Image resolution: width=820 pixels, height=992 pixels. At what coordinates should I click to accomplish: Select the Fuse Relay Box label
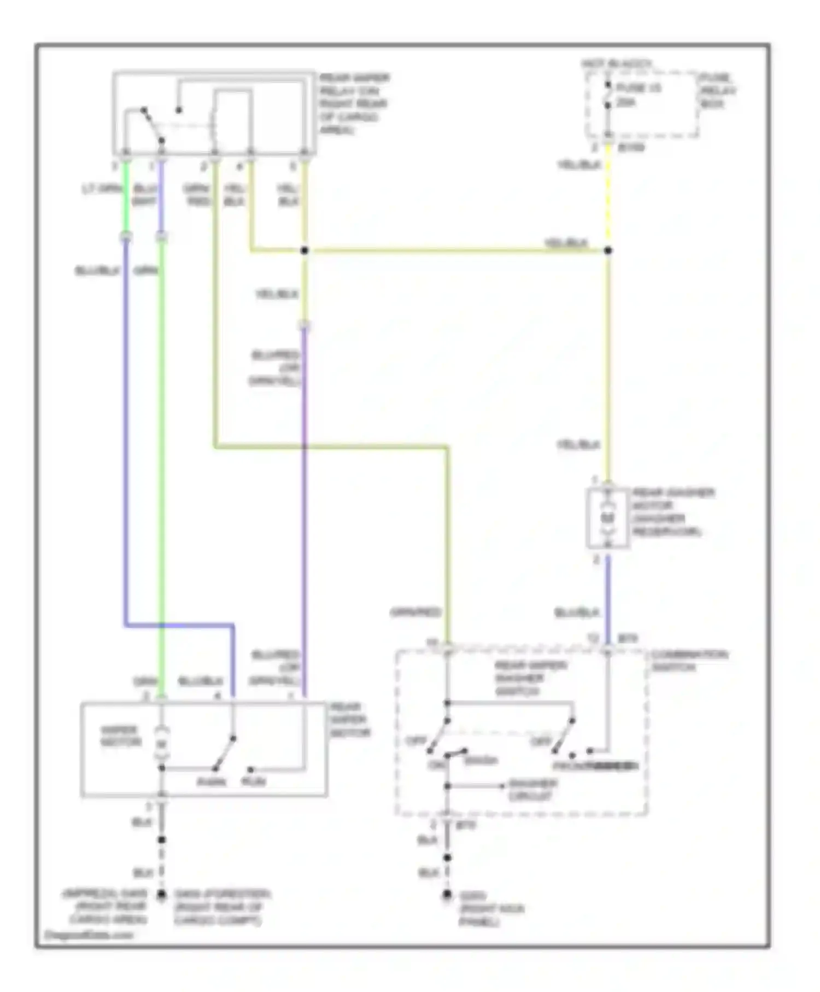[x=718, y=90]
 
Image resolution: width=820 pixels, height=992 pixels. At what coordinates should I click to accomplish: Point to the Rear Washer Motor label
[x=672, y=512]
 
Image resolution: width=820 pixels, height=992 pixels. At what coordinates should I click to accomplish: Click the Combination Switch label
[x=689, y=661]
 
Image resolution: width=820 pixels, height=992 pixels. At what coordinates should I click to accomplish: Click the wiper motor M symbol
[x=161, y=744]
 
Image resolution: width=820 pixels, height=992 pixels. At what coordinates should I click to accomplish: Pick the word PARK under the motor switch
[x=211, y=781]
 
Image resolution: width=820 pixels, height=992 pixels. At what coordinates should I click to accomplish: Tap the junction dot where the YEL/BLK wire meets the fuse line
[x=607, y=250]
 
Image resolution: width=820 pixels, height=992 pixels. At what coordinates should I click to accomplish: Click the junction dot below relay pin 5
[x=304, y=250]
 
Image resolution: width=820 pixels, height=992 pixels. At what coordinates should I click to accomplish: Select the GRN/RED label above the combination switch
[x=415, y=612]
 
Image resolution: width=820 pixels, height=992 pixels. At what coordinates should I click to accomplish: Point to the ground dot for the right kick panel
[x=447, y=895]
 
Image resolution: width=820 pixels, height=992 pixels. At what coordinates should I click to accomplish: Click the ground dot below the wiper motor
[x=161, y=895]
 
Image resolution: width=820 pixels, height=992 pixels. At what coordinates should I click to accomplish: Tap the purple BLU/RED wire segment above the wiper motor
[x=304, y=492]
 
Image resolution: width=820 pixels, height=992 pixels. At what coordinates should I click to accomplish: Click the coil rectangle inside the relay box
[x=232, y=118]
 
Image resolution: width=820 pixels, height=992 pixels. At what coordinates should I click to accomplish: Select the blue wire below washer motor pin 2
[x=607, y=596]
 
